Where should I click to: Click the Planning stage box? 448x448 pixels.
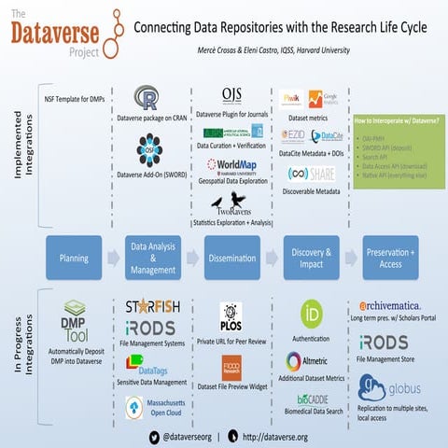tap(74, 257)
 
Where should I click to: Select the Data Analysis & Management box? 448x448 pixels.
tap(152, 257)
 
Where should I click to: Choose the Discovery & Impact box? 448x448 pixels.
tap(309, 257)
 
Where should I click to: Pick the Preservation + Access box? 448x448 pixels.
tap(387, 257)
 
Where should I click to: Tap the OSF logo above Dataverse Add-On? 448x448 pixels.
tap(148, 149)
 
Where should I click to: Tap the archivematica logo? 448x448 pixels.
tap(394, 306)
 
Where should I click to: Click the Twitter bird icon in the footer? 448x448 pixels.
tap(155, 435)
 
